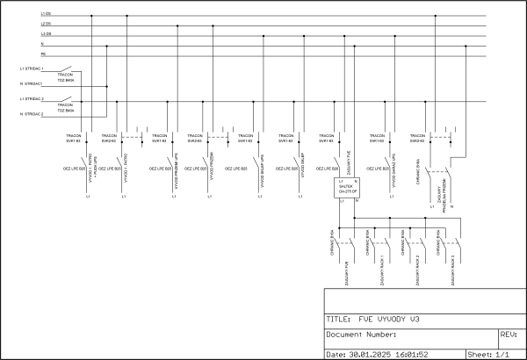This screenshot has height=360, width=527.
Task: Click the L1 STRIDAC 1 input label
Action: pos(32,68)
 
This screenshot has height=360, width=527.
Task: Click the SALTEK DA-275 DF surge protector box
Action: pos(347,190)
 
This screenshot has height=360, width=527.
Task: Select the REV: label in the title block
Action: pos(508,335)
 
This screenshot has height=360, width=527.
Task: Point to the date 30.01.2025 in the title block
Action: pos(377,354)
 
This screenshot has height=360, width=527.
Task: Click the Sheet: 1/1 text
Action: pos(487,354)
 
